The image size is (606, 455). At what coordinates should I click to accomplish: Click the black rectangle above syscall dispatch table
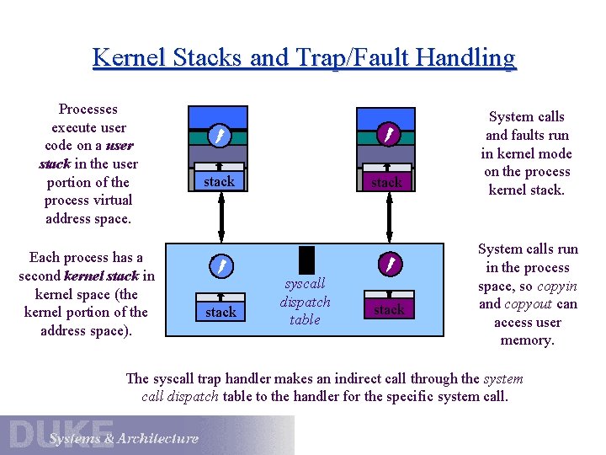click(x=306, y=259)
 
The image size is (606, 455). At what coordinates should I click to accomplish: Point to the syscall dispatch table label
click(x=305, y=302)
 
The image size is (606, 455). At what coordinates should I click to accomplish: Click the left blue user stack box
click(x=219, y=181)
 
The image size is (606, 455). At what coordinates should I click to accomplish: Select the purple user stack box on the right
click(x=386, y=182)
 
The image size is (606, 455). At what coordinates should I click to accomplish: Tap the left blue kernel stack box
click(x=221, y=311)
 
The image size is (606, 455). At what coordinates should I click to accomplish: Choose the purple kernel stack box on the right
click(x=388, y=309)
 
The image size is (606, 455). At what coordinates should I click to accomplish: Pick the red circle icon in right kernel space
click(x=388, y=265)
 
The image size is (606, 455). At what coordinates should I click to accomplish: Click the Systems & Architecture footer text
click(x=124, y=438)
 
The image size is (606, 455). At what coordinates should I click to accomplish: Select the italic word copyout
click(x=529, y=304)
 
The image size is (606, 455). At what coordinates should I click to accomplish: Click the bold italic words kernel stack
click(x=101, y=276)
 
